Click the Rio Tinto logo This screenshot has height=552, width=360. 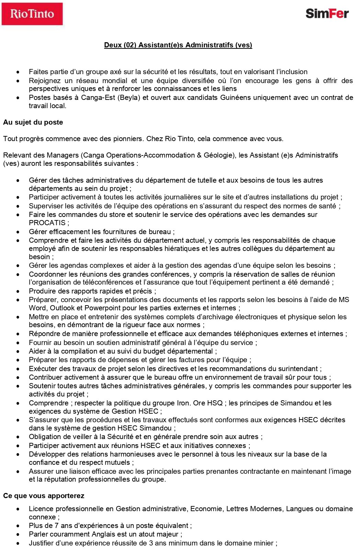pyautogui.click(x=32, y=14)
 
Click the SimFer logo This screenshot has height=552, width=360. pyautogui.click(x=327, y=13)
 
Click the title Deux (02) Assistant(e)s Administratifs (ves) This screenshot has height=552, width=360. pyautogui.click(x=178, y=45)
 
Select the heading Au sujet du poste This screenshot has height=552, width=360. pyautogui.click(x=33, y=122)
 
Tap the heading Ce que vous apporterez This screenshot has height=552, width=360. pyautogui.click(x=44, y=496)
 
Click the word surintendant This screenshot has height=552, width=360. pyautogui.click(x=297, y=369)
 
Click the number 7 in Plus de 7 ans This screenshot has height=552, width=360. pyautogui.click(x=56, y=526)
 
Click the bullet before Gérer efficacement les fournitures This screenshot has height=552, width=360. pyautogui.click(x=18, y=232)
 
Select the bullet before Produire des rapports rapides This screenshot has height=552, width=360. pyautogui.click(x=18, y=291)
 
